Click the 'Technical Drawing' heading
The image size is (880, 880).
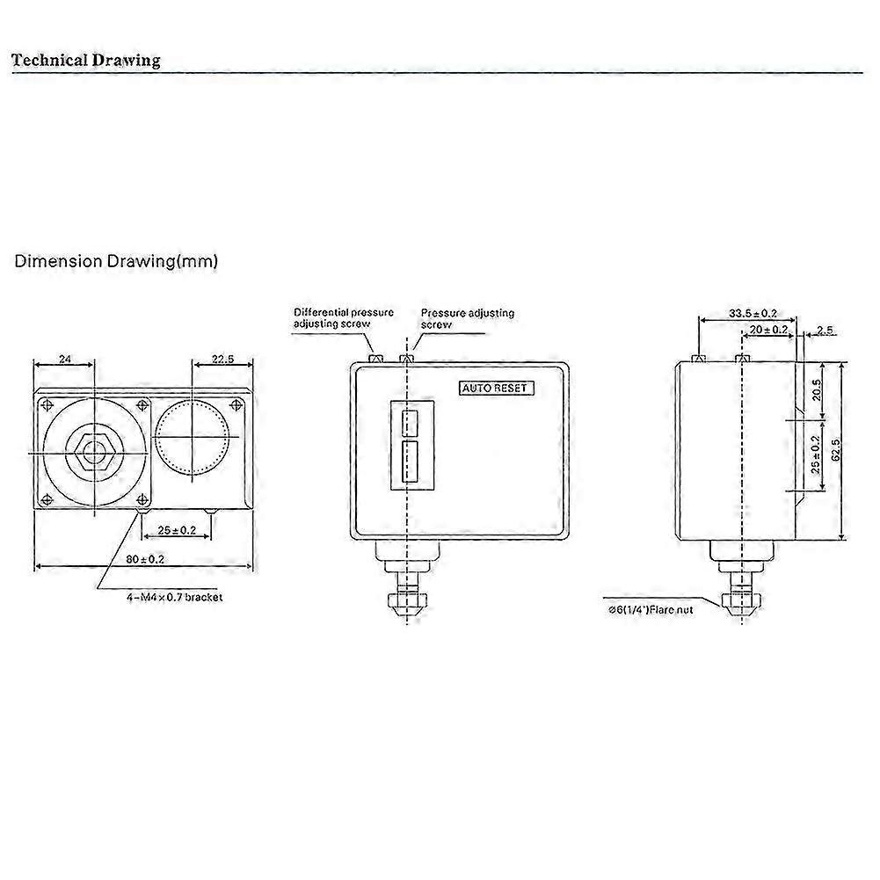click(x=86, y=61)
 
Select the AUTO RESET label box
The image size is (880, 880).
click(x=497, y=388)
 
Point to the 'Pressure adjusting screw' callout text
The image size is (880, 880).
click(x=467, y=318)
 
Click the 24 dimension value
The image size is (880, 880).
click(x=64, y=359)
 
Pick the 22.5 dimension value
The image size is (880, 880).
click(x=222, y=359)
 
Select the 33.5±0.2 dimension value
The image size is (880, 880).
click(x=753, y=313)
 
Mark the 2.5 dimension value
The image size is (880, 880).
click(x=825, y=330)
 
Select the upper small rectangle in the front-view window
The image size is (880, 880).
click(x=410, y=424)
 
